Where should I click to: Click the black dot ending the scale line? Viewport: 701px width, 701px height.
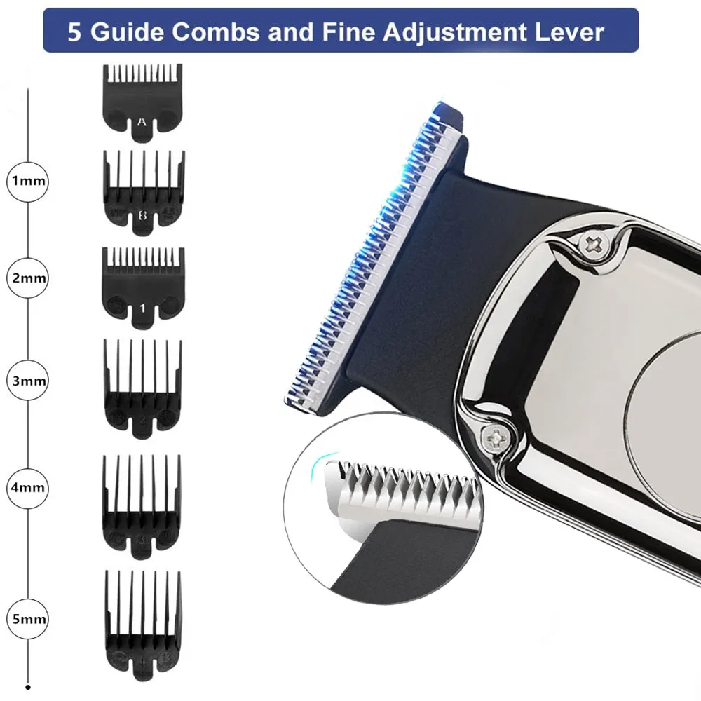(29, 688)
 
